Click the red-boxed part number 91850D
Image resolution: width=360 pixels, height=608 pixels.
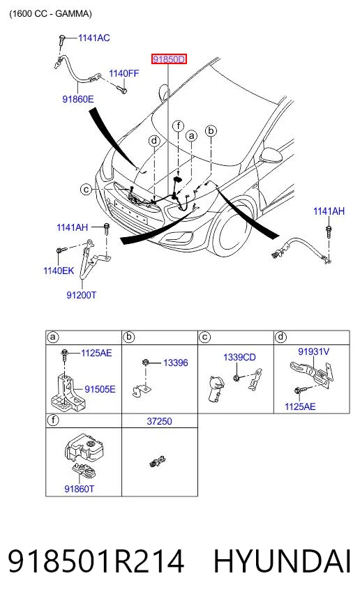click(169, 59)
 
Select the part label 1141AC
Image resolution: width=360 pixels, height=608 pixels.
click(94, 38)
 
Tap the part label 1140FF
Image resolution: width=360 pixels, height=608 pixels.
click(123, 73)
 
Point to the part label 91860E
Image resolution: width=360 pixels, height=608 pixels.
click(78, 99)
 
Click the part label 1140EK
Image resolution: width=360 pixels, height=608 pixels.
click(59, 271)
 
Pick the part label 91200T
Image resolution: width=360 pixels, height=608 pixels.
click(82, 295)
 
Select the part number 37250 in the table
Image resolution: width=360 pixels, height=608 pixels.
click(159, 421)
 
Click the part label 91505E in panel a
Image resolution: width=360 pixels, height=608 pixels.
click(100, 389)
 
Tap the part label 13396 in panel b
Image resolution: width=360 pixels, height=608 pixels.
click(175, 363)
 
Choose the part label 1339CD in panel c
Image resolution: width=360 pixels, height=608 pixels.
click(239, 357)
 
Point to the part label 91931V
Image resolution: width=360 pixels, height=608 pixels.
click(313, 351)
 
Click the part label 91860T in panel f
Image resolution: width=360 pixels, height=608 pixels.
click(79, 489)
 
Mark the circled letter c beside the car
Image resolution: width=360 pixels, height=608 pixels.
click(86, 190)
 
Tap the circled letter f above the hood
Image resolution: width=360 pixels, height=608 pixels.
click(178, 126)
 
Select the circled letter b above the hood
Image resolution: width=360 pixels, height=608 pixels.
click(211, 130)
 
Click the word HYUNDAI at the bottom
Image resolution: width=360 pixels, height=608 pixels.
click(283, 561)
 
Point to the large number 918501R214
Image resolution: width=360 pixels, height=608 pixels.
click(96, 561)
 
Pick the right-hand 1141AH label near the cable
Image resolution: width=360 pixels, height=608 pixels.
click(329, 211)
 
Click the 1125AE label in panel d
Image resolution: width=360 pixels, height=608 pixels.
click(300, 406)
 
